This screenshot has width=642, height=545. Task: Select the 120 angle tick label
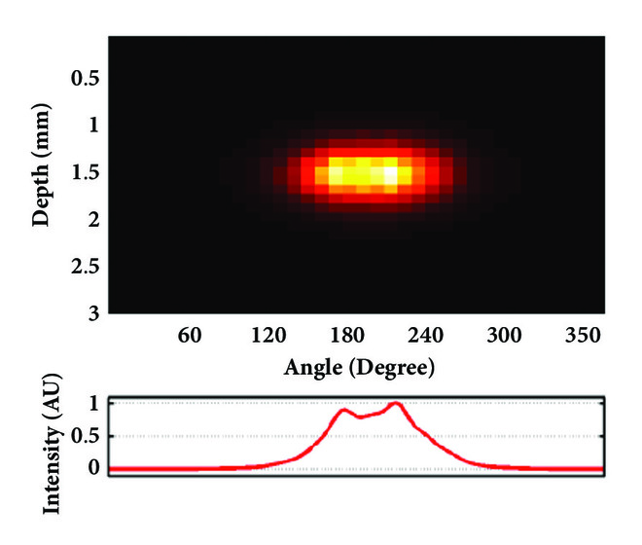[267, 337]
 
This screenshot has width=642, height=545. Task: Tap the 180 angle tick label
[347, 337]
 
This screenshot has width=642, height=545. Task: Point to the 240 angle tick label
[426, 337]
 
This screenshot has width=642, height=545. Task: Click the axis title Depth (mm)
[41, 174]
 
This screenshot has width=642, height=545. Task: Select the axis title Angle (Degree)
[359, 368]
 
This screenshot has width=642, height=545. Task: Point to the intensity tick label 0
[94, 466]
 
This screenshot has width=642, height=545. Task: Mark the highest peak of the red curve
[394, 403]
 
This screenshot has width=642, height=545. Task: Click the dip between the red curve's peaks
[360, 417]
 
